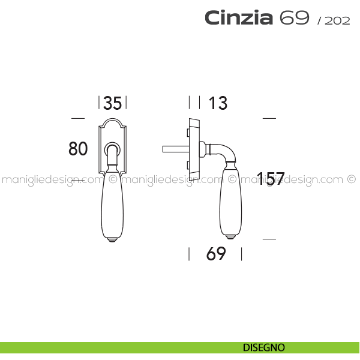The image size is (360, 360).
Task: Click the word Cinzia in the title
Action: (x=239, y=17)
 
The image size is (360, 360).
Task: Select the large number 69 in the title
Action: (x=295, y=17)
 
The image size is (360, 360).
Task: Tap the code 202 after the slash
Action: (x=337, y=20)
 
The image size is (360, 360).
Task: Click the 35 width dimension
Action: (x=113, y=103)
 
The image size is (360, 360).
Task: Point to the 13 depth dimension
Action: (x=218, y=103)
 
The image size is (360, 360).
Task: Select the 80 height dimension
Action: (x=78, y=149)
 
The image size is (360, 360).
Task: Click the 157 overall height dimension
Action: (x=271, y=178)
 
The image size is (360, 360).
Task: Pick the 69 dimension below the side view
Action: (x=216, y=254)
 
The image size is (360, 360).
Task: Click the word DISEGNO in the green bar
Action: (x=264, y=347)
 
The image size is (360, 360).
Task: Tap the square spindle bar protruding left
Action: (x=176, y=149)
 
